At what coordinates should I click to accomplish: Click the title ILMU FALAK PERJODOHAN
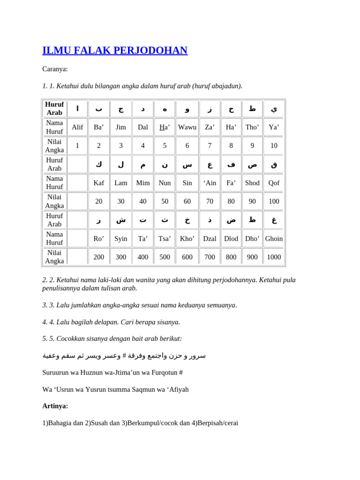click(x=115, y=51)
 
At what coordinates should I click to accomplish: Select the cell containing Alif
click(x=77, y=127)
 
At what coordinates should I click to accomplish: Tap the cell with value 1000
click(x=274, y=257)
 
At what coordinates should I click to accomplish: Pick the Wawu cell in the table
click(x=187, y=127)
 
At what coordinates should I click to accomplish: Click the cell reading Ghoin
click(x=274, y=239)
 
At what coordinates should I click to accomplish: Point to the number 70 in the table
click(x=210, y=201)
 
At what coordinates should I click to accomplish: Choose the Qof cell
click(x=274, y=183)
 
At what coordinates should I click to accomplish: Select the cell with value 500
click(x=165, y=257)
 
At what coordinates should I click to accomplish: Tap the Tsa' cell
click(x=165, y=239)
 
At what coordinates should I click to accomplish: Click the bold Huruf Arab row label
click(x=54, y=109)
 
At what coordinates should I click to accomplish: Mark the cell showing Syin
click(x=121, y=239)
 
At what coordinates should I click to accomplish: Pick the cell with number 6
click(x=187, y=145)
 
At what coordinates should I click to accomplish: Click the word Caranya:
click(x=55, y=69)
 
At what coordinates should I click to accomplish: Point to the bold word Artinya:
click(x=55, y=406)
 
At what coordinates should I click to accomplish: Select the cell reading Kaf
click(x=99, y=183)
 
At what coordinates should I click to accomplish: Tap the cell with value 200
click(x=99, y=257)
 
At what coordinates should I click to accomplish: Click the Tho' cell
click(x=252, y=127)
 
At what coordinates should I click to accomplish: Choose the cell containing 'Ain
click(x=210, y=183)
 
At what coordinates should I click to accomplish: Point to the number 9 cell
click(x=252, y=145)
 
